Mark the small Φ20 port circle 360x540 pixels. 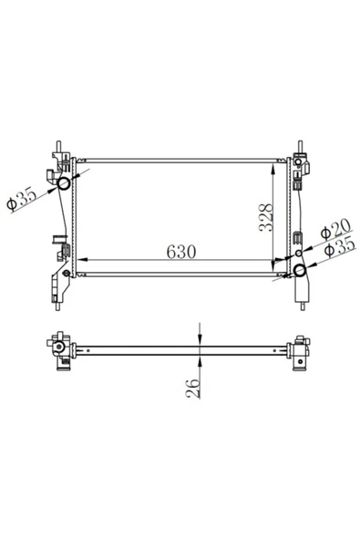point(299,252)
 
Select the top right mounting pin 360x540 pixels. point(300,147)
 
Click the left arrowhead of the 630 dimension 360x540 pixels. point(79,262)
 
